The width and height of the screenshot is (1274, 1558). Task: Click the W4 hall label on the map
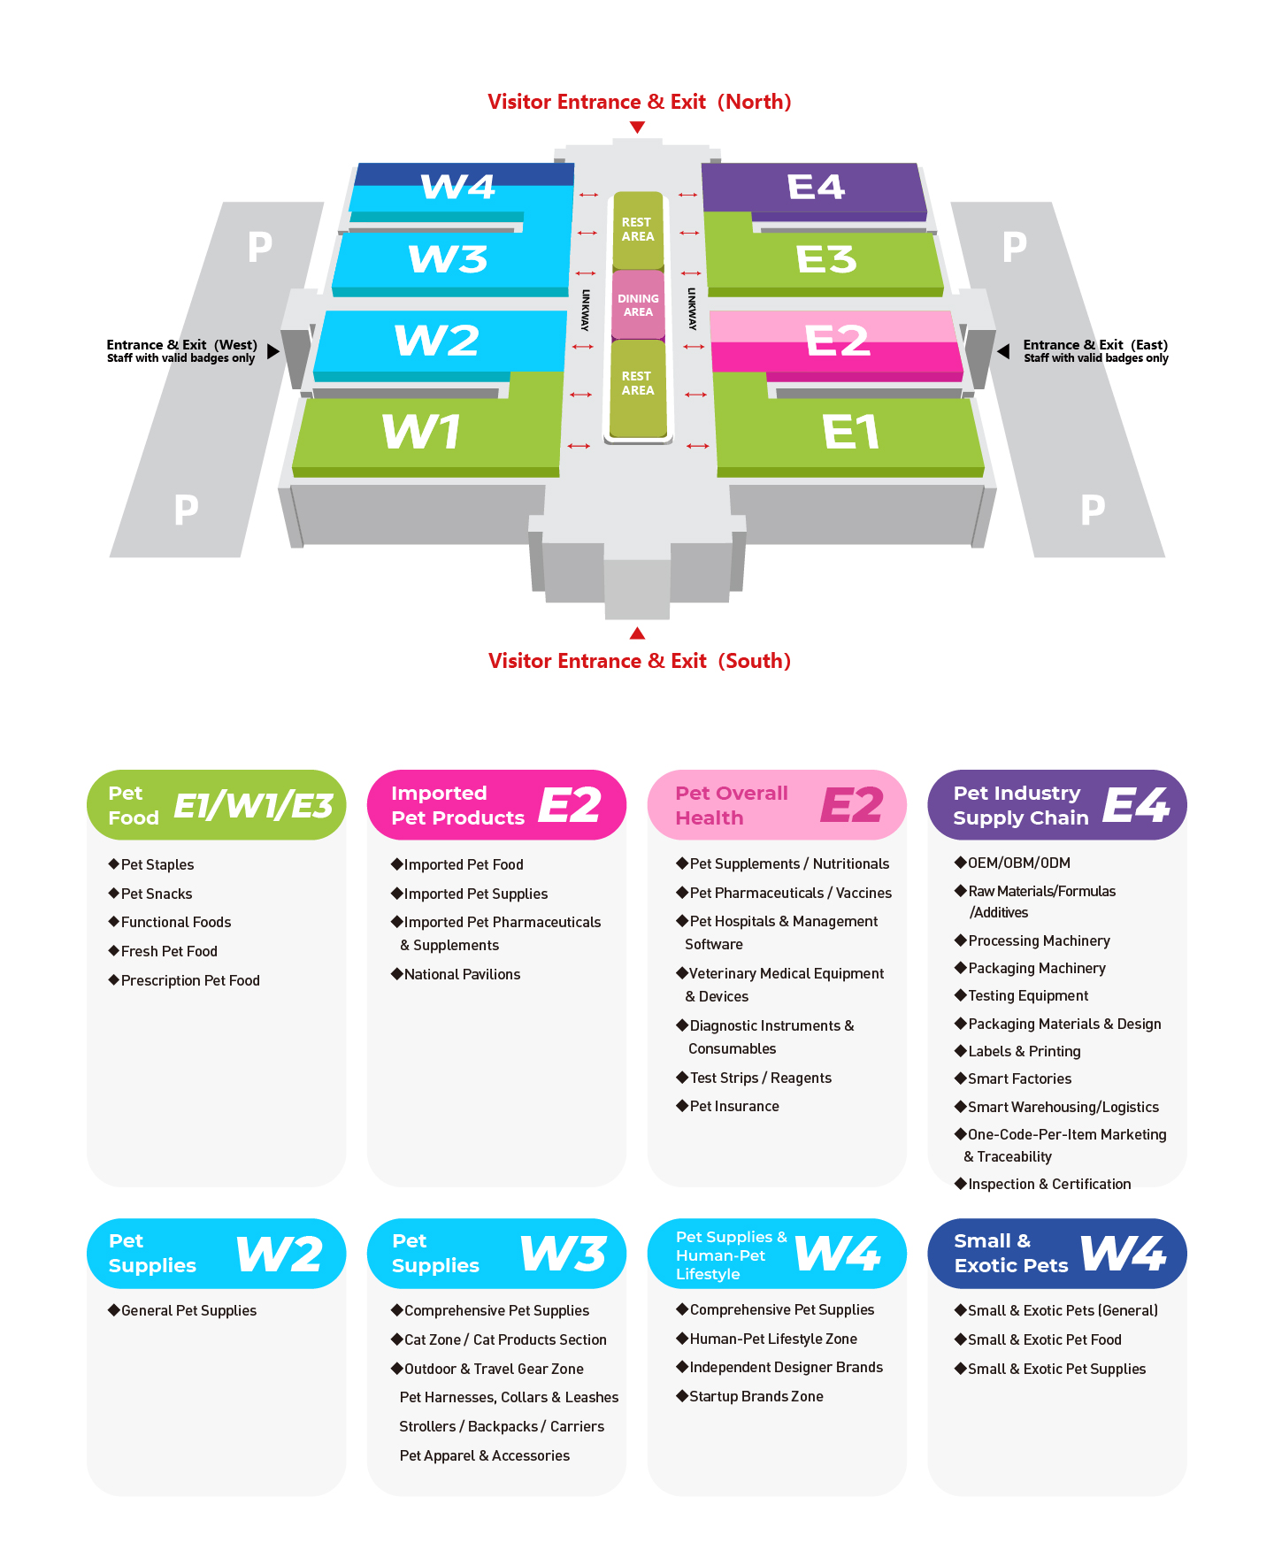tap(457, 187)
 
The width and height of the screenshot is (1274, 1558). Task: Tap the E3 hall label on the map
tap(826, 259)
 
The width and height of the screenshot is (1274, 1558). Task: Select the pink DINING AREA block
tap(638, 305)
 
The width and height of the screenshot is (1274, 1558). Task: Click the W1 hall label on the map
tap(421, 432)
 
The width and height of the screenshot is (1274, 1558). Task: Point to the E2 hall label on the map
tap(838, 341)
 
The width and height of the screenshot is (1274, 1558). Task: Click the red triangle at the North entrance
tap(637, 127)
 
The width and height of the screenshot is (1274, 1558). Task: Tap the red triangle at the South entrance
tap(637, 633)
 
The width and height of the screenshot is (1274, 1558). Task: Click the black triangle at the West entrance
tap(273, 351)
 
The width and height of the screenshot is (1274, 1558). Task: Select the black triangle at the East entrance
tap(1003, 351)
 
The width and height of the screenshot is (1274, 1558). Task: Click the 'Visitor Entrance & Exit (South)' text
tap(640, 661)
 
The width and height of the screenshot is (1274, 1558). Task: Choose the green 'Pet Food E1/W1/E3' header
tap(216, 805)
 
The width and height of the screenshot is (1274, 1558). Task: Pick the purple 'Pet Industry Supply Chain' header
tap(1057, 805)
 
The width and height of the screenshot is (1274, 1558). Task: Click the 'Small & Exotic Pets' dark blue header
tap(1057, 1254)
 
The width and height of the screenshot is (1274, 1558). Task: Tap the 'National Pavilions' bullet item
tap(456, 974)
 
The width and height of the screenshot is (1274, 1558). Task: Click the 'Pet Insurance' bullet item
tap(728, 1106)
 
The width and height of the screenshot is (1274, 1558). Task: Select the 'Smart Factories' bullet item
tap(1013, 1078)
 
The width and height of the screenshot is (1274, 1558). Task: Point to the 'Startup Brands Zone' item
tap(750, 1396)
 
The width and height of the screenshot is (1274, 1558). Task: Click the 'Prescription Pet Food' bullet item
tap(184, 980)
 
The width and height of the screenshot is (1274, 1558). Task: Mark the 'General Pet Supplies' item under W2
tap(182, 1310)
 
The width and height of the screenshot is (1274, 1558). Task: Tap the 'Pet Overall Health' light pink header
tap(777, 805)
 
